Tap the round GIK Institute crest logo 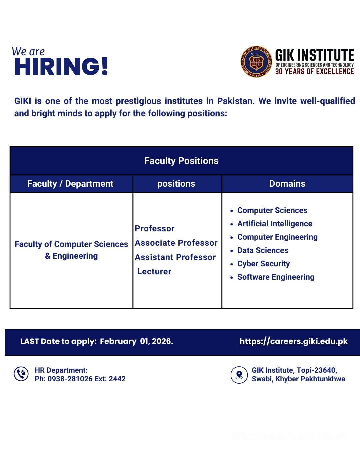pyautogui.click(x=256, y=62)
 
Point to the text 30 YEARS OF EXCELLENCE pyautogui.click(x=314, y=71)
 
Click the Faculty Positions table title pyautogui.click(x=181, y=161)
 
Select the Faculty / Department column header pyautogui.click(x=70, y=184)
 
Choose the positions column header pyautogui.click(x=176, y=184)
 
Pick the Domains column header pyautogui.click(x=287, y=184)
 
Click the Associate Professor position pyautogui.click(x=176, y=243)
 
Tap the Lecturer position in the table pyautogui.click(x=154, y=272)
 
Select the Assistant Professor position pyautogui.click(x=175, y=257)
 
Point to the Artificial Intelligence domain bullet pyautogui.click(x=275, y=224)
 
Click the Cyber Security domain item pyautogui.click(x=263, y=264)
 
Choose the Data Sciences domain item pyautogui.click(x=263, y=250)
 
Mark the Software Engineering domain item pyautogui.click(x=276, y=277)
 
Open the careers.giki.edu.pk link pyautogui.click(x=294, y=341)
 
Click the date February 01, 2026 pyautogui.click(x=136, y=341)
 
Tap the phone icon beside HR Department pyautogui.click(x=21, y=374)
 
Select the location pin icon pyautogui.click(x=239, y=375)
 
